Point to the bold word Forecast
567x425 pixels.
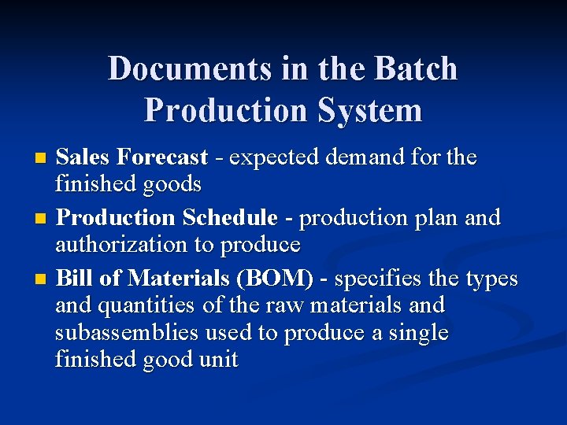point(162,157)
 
